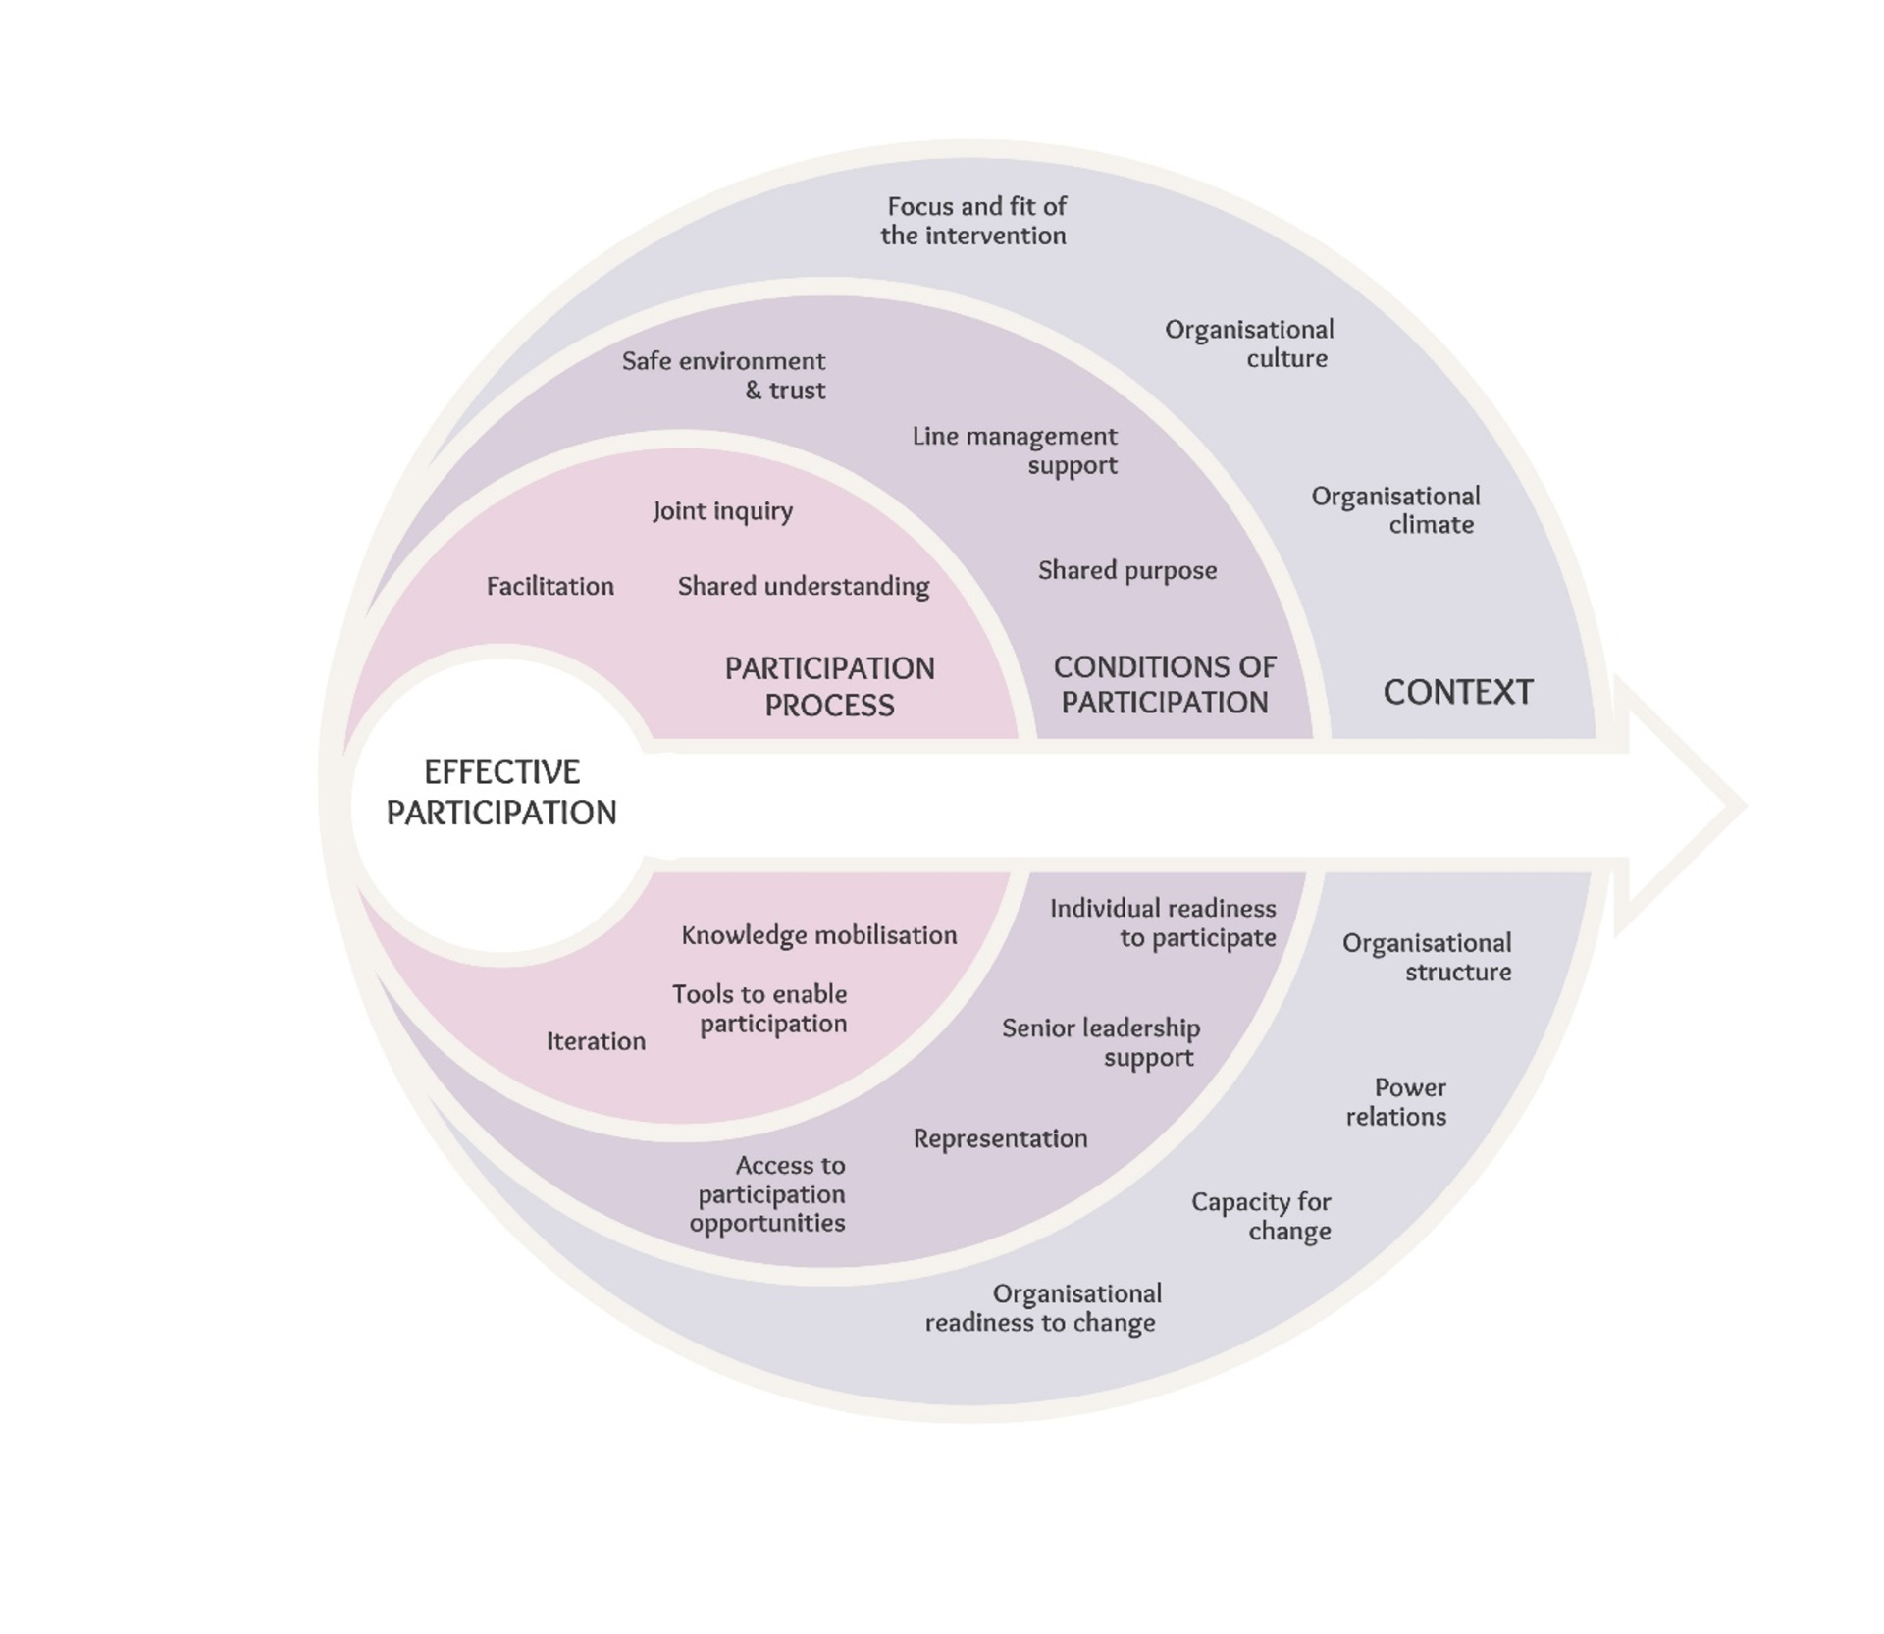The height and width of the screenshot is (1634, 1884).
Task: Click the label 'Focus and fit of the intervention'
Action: (x=973, y=221)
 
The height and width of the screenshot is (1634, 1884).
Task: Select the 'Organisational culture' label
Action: (x=1249, y=343)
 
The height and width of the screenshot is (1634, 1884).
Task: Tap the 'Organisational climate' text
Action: (x=1395, y=509)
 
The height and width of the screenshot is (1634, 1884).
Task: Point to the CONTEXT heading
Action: (x=1457, y=692)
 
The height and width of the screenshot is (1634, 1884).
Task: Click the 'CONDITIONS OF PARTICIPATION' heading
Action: (x=1165, y=684)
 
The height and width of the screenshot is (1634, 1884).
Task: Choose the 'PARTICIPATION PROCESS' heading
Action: (x=829, y=686)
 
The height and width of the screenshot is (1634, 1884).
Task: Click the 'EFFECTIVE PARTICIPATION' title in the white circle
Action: (x=501, y=792)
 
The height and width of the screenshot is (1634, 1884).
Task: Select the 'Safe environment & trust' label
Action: (x=724, y=375)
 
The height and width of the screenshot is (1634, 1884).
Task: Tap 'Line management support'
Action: (x=1015, y=449)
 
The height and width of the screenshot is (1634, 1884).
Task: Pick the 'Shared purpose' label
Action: (x=1127, y=570)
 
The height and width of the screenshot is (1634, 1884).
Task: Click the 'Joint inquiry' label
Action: (x=723, y=511)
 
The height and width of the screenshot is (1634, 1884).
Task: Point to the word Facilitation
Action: (x=550, y=586)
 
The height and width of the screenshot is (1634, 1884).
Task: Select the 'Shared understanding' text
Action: (x=804, y=586)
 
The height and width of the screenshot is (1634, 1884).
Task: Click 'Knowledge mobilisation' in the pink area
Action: (x=819, y=935)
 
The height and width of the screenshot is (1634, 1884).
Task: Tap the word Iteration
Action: (x=596, y=1041)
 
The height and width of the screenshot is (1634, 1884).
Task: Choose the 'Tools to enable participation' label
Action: (x=759, y=1009)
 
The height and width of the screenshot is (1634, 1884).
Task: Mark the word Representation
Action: (x=1001, y=1138)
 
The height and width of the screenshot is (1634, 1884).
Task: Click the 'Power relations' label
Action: (x=1396, y=1101)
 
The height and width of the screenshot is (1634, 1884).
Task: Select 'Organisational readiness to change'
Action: (x=1042, y=1307)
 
